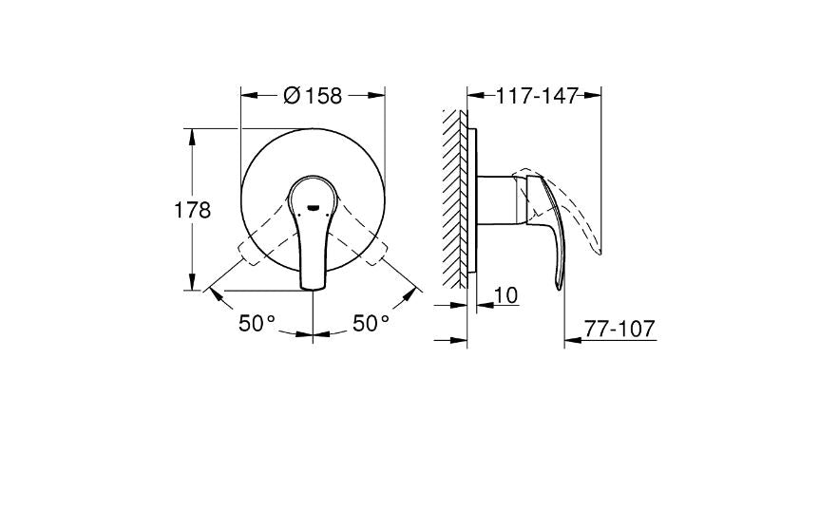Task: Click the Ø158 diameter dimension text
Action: [313, 95]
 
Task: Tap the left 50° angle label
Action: [257, 324]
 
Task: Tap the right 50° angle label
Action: [371, 324]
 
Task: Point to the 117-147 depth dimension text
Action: [537, 95]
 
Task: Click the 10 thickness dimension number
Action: [506, 296]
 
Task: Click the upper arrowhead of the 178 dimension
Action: [194, 134]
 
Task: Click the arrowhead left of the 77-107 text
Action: [571, 338]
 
